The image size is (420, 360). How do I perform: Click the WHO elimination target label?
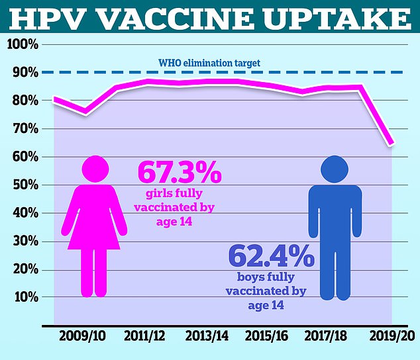point(209,64)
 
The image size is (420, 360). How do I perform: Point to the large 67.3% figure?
point(179,173)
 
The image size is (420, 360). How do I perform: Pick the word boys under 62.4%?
point(250,278)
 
